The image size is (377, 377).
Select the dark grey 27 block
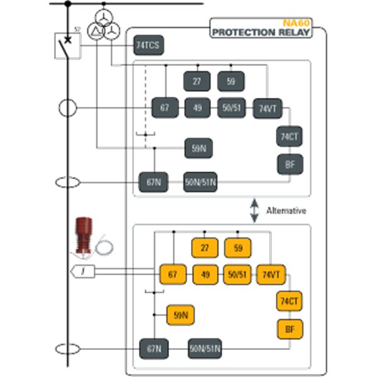(x=197, y=81)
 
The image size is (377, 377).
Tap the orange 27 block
(x=205, y=248)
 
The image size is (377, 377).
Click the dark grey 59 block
(x=231, y=81)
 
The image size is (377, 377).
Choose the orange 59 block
(x=238, y=248)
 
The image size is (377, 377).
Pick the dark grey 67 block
(x=165, y=108)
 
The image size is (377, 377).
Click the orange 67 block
(x=173, y=275)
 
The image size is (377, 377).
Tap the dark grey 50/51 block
(x=231, y=108)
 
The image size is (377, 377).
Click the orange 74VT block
(x=271, y=275)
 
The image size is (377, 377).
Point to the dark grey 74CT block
(x=290, y=136)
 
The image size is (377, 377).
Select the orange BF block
(x=290, y=329)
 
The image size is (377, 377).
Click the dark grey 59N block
(x=199, y=148)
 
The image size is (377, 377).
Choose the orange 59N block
(x=180, y=315)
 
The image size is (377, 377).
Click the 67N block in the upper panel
(x=154, y=182)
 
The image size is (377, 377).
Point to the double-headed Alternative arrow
(x=254, y=210)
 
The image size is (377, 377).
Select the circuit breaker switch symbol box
(x=67, y=46)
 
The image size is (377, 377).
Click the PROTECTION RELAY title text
(x=261, y=31)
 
